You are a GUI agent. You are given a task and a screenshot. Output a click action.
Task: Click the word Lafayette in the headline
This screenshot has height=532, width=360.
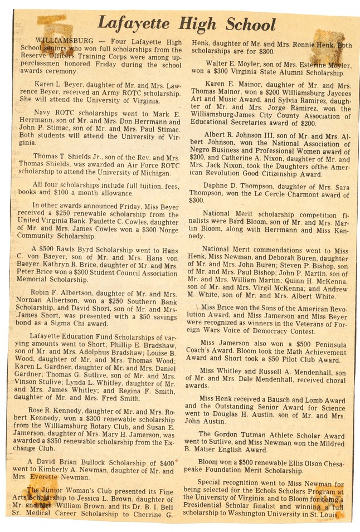click(132, 24)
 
